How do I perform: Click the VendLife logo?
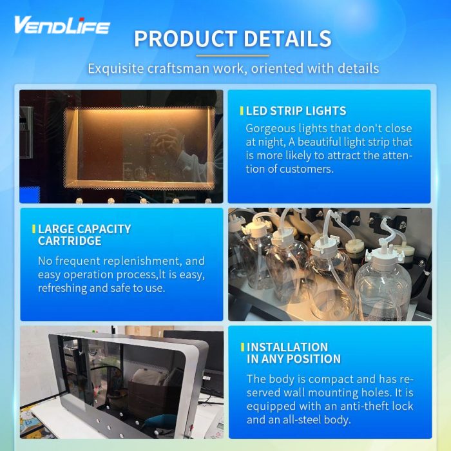click(x=62, y=25)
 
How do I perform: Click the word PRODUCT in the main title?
click(x=186, y=39)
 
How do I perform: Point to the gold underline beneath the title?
click(x=233, y=56)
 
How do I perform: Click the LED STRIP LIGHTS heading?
click(x=296, y=111)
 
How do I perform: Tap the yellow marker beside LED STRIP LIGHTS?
click(x=242, y=111)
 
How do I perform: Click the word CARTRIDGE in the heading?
click(x=70, y=241)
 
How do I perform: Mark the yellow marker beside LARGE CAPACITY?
click(x=34, y=229)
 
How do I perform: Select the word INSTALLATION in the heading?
click(x=287, y=347)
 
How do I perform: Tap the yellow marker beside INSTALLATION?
click(x=243, y=347)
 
